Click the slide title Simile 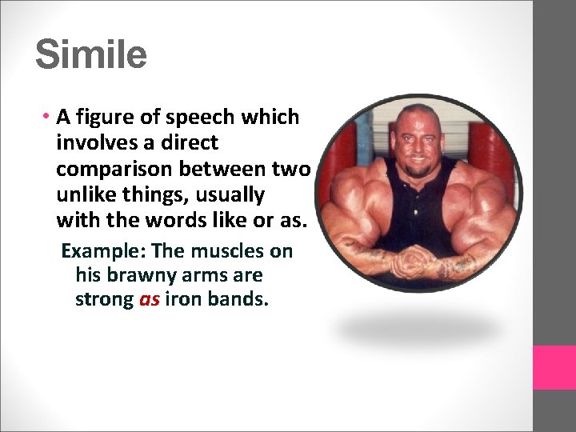91,55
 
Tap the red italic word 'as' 150,300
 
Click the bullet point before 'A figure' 49,117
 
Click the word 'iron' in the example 185,300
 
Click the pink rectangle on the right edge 554,367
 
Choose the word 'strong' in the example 104,300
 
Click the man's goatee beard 418,170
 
